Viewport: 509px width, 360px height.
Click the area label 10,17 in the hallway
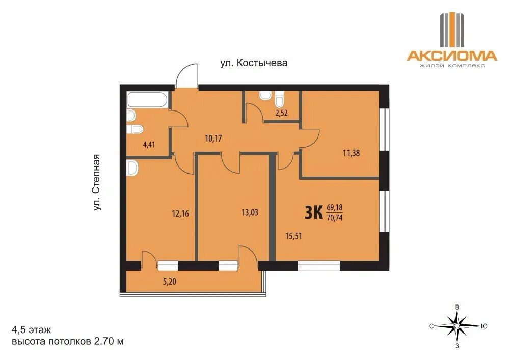213,139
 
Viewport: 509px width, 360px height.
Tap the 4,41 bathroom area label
149,144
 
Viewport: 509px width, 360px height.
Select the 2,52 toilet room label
281,113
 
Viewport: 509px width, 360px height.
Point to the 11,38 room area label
351,153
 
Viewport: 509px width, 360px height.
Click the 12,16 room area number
180,214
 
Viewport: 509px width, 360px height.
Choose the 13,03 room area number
250,213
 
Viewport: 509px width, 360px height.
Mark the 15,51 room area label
293,236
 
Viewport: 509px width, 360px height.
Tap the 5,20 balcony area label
170,282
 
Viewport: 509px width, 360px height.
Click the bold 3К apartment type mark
313,213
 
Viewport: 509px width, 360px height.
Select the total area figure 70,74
335,218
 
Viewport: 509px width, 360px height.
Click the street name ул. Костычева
254,63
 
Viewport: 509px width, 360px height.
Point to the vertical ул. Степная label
97,183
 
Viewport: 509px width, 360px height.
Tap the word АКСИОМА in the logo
452,56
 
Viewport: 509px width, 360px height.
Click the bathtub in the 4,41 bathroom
147,100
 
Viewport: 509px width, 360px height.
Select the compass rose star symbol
457,325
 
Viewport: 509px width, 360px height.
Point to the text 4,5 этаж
31,330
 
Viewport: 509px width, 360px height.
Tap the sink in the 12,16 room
133,169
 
